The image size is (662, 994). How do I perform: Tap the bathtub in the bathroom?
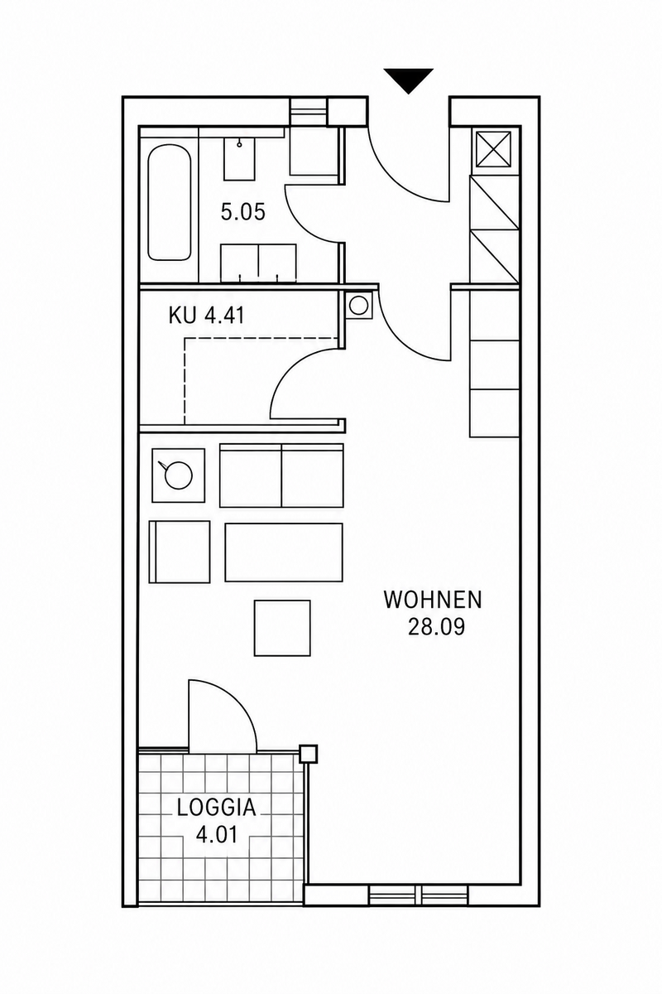[x=170, y=204]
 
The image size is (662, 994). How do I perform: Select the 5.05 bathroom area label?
[x=243, y=212]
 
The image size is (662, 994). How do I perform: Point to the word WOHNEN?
[x=433, y=601]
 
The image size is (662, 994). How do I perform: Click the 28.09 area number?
[x=436, y=628]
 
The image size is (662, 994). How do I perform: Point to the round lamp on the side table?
[x=178, y=475]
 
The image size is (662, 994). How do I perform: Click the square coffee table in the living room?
[x=282, y=628]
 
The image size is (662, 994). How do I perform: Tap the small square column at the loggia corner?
[x=309, y=754]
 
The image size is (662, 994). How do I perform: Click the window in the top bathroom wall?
[x=309, y=112]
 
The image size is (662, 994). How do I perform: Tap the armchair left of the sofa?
[x=180, y=552]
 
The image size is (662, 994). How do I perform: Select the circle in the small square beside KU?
[x=357, y=306]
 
